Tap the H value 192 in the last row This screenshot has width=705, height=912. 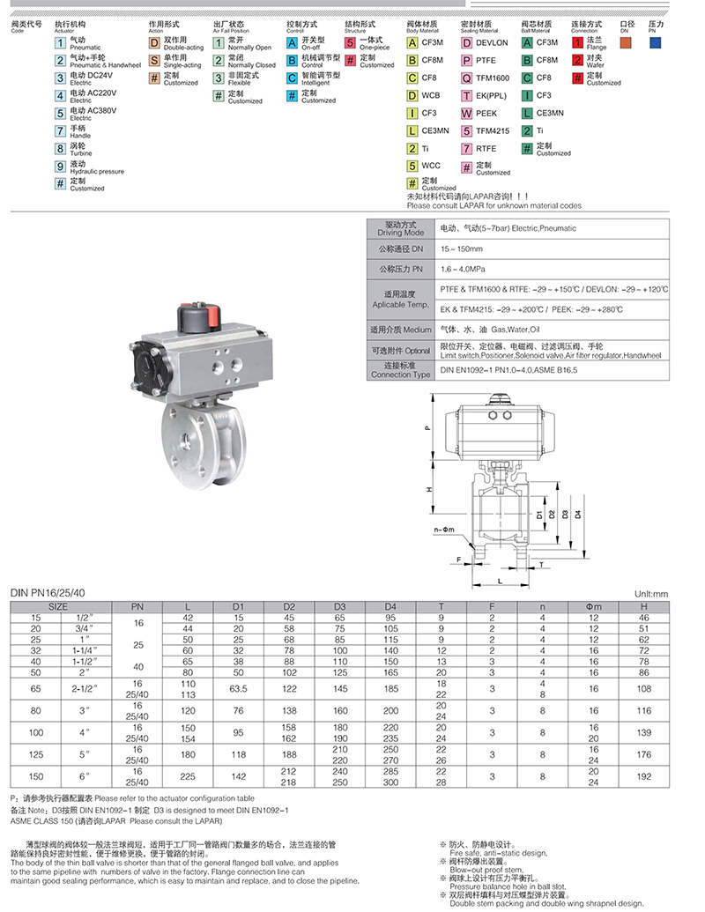click(644, 778)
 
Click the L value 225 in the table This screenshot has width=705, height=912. click(187, 778)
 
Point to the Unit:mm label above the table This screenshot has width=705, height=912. click(652, 595)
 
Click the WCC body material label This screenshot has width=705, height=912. click(431, 166)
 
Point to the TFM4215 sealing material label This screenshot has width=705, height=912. click(493, 130)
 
